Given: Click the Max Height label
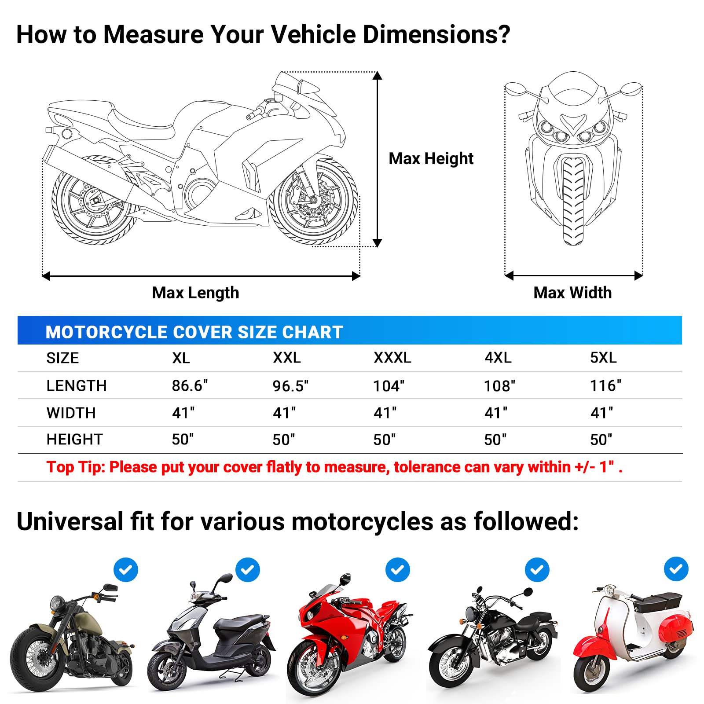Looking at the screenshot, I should click(x=431, y=158).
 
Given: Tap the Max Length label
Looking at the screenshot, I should click(x=195, y=293).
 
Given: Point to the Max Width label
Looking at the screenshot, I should click(x=572, y=293).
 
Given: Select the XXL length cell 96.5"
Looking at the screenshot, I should click(x=290, y=386).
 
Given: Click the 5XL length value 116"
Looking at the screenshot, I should click(x=605, y=385).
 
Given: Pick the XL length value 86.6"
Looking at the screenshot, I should click(x=190, y=385).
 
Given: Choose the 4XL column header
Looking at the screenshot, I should click(x=498, y=358).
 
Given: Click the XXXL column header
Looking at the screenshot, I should click(x=392, y=358).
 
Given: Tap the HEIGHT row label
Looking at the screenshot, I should click(x=74, y=439).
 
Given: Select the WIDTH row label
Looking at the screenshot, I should click(x=71, y=413).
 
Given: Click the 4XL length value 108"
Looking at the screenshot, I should click(x=499, y=386).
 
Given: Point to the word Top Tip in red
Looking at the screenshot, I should click(x=76, y=467).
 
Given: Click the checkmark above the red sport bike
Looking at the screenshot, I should click(x=397, y=570).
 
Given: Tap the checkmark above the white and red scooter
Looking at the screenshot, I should click(x=676, y=569).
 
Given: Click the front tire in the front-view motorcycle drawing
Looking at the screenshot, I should click(x=573, y=200).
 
